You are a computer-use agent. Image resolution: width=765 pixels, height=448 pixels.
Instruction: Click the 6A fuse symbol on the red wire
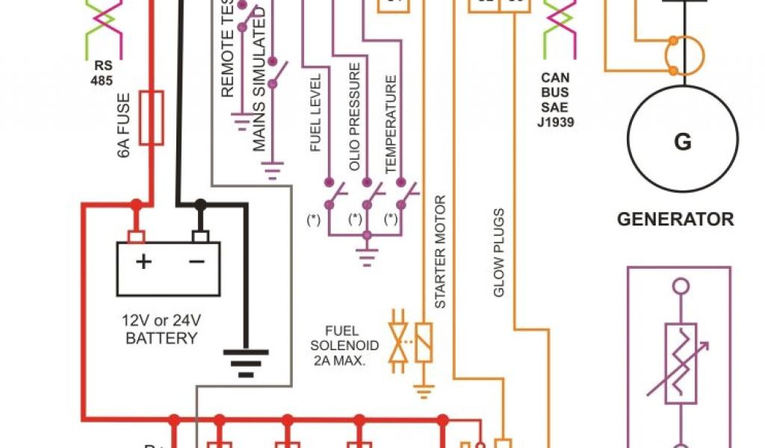point(153,117)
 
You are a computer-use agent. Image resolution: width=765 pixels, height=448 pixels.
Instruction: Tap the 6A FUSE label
point(124,124)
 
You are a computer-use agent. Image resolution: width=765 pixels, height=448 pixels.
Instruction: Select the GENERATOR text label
point(675,220)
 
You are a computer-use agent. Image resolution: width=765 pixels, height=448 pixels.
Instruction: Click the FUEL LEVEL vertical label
point(316,113)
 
